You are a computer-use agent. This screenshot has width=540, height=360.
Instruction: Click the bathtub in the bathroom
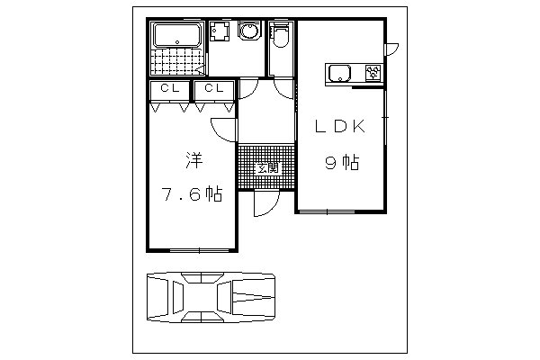click(177, 34)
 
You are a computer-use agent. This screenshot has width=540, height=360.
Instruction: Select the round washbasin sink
click(249, 31)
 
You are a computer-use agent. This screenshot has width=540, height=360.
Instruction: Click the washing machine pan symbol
click(220, 31)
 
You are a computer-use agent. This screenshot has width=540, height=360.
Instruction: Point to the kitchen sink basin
click(340, 73)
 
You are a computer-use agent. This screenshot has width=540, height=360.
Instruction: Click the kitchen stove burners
click(373, 73)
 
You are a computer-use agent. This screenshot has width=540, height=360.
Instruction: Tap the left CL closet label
click(170, 88)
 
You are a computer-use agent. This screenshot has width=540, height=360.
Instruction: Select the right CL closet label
click(214, 88)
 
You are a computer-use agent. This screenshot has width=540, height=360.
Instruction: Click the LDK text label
click(340, 127)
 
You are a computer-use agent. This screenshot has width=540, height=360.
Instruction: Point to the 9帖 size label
click(342, 163)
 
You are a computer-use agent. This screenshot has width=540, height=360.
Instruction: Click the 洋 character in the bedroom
click(193, 160)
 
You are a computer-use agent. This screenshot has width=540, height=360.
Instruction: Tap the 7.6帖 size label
click(193, 194)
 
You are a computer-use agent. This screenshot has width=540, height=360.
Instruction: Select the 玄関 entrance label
click(268, 168)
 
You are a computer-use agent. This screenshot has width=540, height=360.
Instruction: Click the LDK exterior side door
click(391, 49)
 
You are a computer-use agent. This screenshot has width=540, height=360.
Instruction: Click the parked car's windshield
click(224, 298)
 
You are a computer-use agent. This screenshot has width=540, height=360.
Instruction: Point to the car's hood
click(254, 298)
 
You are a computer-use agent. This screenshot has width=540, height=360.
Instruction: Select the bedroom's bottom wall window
click(200, 250)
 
